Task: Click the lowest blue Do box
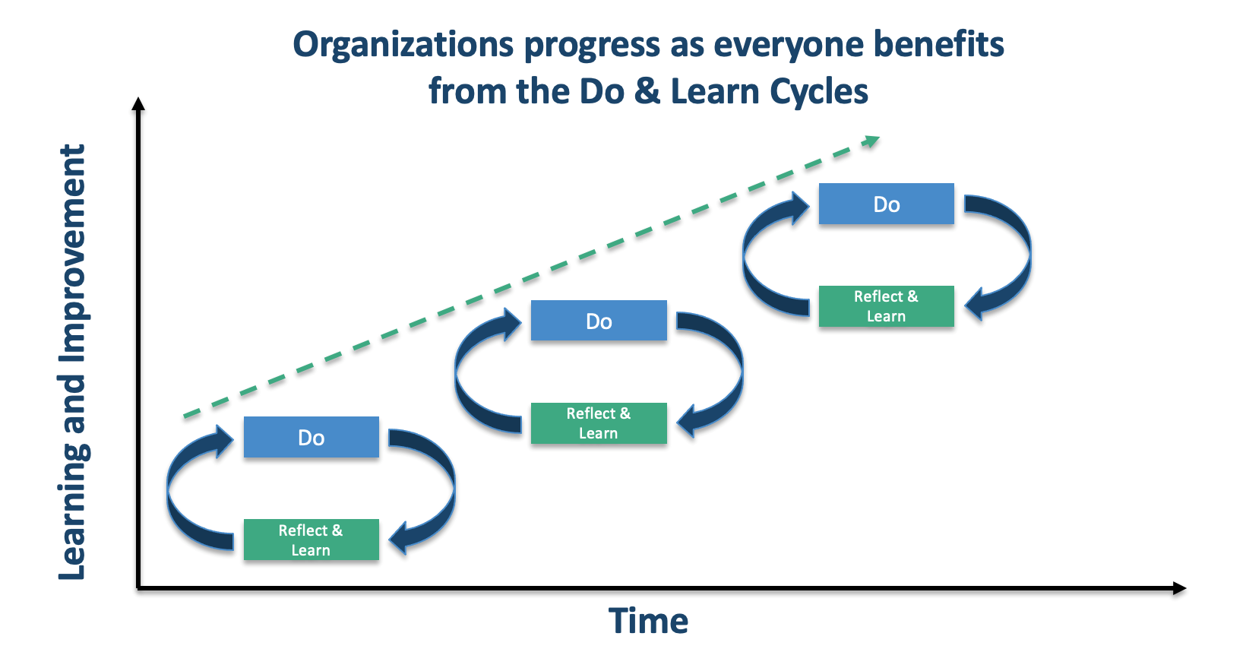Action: (311, 437)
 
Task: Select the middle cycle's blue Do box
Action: (599, 321)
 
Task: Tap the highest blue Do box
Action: (886, 204)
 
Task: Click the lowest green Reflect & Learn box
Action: (311, 540)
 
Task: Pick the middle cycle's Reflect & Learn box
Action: (599, 423)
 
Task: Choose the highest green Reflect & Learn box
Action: (886, 306)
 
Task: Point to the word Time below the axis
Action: (648, 621)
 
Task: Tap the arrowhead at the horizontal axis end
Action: (1178, 587)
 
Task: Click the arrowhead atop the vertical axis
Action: (138, 104)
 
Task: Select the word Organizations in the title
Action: (403, 44)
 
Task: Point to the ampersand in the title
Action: (647, 91)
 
